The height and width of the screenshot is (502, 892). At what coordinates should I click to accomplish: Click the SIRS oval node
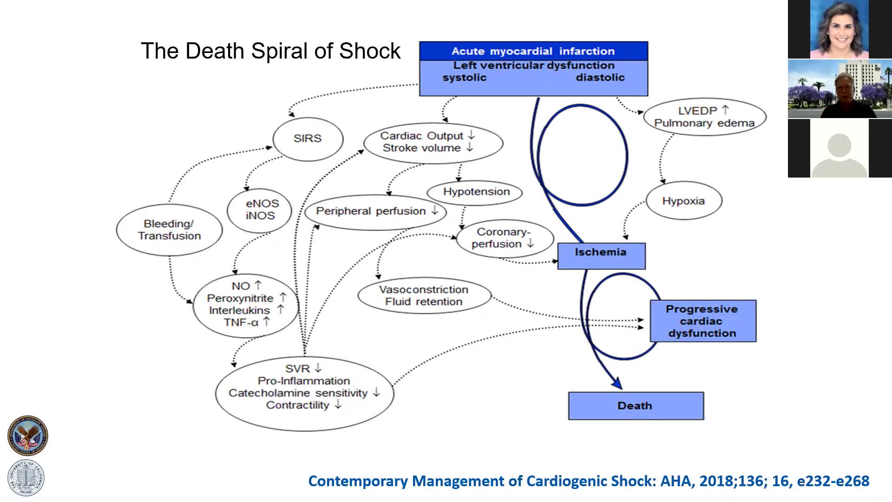(x=308, y=139)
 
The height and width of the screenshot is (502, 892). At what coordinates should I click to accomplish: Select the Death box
(x=636, y=406)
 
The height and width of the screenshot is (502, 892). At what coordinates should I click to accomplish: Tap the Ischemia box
(x=601, y=255)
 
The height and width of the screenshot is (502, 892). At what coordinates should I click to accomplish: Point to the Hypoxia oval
(x=683, y=201)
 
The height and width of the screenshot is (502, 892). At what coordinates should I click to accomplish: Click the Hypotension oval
(x=476, y=192)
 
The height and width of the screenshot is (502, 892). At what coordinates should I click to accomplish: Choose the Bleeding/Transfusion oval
(x=169, y=230)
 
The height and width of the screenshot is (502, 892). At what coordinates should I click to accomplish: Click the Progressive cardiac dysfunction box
(x=702, y=321)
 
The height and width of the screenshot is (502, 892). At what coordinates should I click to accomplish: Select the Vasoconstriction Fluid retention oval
(x=424, y=296)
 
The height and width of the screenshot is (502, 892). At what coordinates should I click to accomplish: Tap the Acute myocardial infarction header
(x=533, y=51)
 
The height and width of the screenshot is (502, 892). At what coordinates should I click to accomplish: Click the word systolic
(x=464, y=78)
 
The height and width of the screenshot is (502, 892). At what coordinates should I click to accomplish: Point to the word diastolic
(x=600, y=78)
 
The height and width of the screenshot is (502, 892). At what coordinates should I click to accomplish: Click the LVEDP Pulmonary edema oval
(x=704, y=117)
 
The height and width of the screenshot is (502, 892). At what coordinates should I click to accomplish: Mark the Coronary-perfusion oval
(x=504, y=238)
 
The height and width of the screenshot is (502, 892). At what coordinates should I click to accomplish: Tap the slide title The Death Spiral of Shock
(x=270, y=51)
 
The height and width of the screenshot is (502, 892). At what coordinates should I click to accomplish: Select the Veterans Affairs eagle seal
(x=27, y=436)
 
